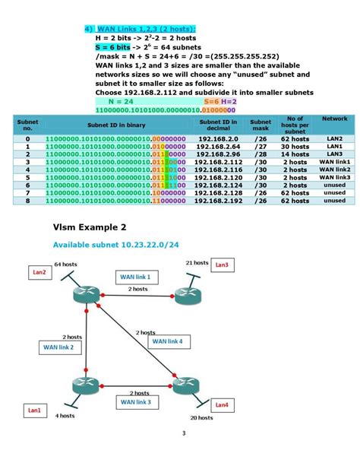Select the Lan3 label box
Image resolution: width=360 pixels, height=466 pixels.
tap(221, 265)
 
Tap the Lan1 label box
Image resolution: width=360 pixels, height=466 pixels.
tap(35, 411)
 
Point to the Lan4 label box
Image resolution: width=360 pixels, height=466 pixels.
tap(221, 405)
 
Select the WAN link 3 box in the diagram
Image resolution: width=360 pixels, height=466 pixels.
tap(134, 401)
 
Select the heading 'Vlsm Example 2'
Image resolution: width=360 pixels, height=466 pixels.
tap(90, 227)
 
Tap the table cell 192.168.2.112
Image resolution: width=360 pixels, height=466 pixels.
tap(220, 162)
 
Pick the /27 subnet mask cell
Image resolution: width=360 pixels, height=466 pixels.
tap(261, 147)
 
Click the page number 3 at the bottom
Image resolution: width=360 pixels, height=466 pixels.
tap(183, 434)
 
